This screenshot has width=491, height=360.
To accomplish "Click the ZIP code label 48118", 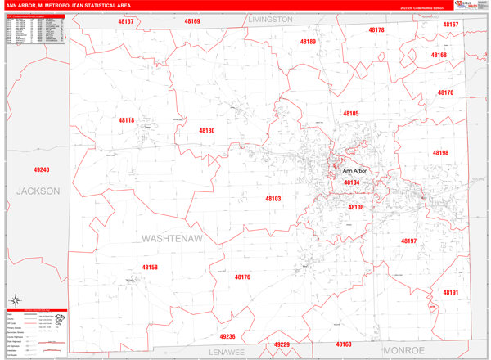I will tap(126, 120).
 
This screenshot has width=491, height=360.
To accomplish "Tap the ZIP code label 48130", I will tap(206, 131).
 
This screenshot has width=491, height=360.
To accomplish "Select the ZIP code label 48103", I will tap(273, 199).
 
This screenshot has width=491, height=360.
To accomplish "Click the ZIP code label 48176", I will tap(242, 277).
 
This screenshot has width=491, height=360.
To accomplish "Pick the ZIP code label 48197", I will tap(408, 241).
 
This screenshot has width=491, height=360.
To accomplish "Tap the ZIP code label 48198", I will tap(440, 153).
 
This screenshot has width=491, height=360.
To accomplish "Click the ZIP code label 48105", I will tap(351, 114).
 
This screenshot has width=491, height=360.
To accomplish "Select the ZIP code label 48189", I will tap(308, 42).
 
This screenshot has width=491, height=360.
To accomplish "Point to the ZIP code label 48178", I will tap(376, 30).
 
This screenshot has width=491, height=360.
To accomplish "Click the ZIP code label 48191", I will tap(451, 292).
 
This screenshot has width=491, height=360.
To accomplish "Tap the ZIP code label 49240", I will tap(42, 169).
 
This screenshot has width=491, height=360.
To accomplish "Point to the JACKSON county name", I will tap(38, 191).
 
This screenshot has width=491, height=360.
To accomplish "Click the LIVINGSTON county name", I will tap(270, 19).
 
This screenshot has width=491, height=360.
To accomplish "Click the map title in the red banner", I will tap(72, 5).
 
